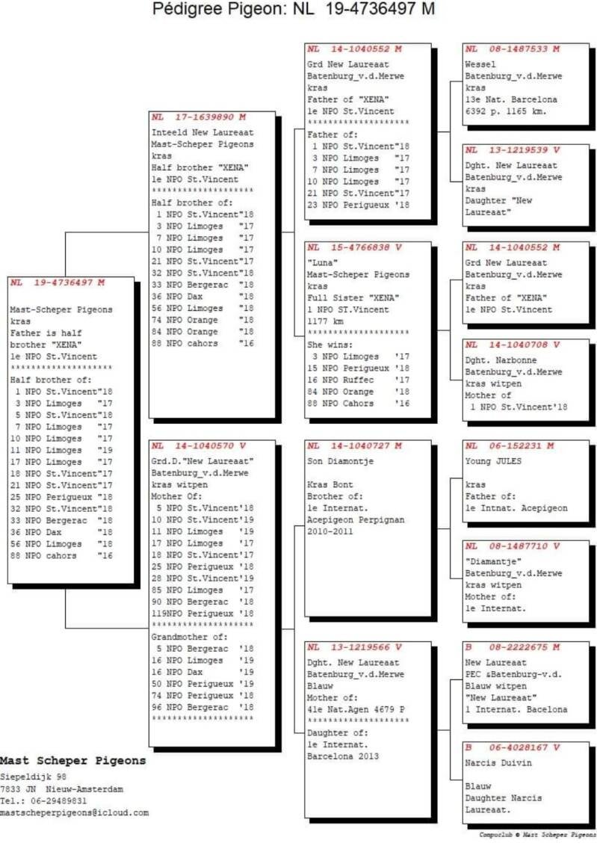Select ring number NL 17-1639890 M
click(x=199, y=117)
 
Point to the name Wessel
click(x=479, y=64)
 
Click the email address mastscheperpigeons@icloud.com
click(x=75, y=812)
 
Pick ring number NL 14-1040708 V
click(x=512, y=345)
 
